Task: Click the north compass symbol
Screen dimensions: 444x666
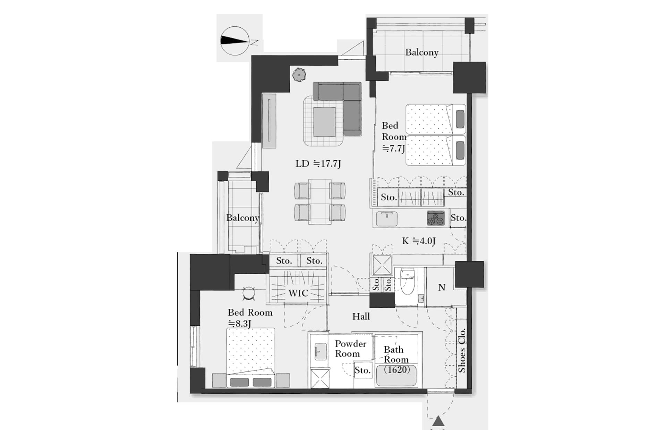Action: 235,41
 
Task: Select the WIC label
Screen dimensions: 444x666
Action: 298,293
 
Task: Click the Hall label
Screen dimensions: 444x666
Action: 361,316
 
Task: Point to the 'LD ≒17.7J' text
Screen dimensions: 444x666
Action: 318,164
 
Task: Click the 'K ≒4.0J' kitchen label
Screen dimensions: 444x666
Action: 419,241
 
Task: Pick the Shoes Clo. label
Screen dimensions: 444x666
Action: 462,350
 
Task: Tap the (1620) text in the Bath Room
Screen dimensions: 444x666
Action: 397,370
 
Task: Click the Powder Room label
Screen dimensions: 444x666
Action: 350,349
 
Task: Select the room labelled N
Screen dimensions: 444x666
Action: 442,287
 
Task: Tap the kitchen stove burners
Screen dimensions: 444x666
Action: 436,218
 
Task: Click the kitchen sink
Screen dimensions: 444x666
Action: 387,219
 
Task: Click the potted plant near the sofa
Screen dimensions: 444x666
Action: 299,74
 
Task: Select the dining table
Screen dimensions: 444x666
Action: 320,202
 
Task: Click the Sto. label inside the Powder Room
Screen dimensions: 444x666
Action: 362,370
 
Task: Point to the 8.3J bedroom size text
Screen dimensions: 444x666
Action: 239,324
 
